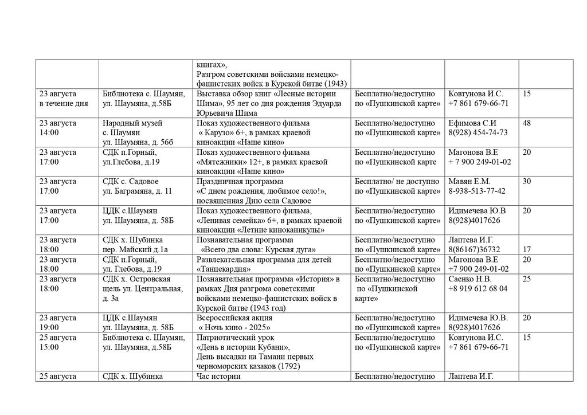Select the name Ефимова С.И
(472, 123)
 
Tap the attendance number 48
(526, 123)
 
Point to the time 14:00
(49, 132)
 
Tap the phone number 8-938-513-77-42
(477, 191)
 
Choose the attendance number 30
(526, 182)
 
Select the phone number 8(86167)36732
(474, 249)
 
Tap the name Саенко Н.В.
(470, 279)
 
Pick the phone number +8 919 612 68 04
(478, 288)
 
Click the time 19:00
(49, 327)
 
